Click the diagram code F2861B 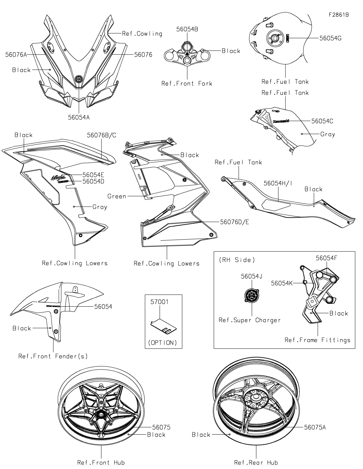point(339,15)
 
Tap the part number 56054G point(330,38)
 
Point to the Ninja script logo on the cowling point(58,177)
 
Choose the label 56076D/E point(234,222)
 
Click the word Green point(117,196)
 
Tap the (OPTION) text point(163,342)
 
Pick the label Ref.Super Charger point(249,320)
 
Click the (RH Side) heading point(236,260)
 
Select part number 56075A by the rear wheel point(315,427)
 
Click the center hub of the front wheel point(101,414)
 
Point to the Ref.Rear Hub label point(256,462)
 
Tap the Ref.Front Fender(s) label point(53,356)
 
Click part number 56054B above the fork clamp point(187,29)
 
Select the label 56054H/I point(278,183)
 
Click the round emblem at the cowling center point(79,79)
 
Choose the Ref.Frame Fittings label point(317,340)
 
